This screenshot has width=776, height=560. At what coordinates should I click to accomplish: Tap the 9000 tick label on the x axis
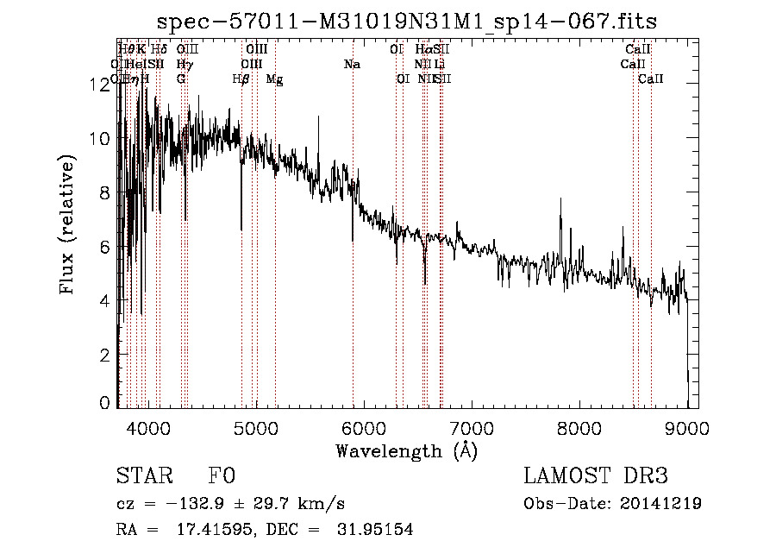[686, 428]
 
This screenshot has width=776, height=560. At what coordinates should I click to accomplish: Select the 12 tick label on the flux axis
[102, 85]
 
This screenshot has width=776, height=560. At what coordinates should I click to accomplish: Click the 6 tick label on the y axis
[105, 247]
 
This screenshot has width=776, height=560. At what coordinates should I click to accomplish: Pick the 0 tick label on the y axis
[105, 403]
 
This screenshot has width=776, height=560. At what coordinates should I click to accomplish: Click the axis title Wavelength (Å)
[406, 450]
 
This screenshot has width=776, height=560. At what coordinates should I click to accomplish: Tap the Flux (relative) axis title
[68, 224]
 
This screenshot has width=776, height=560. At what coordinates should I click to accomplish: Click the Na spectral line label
[352, 65]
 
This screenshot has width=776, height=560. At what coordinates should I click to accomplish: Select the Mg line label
[274, 79]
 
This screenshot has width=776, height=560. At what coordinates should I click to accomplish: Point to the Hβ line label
[241, 79]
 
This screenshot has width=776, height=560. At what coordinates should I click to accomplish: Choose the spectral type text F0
[222, 476]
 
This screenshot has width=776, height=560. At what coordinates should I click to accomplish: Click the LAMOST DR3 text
[595, 476]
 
